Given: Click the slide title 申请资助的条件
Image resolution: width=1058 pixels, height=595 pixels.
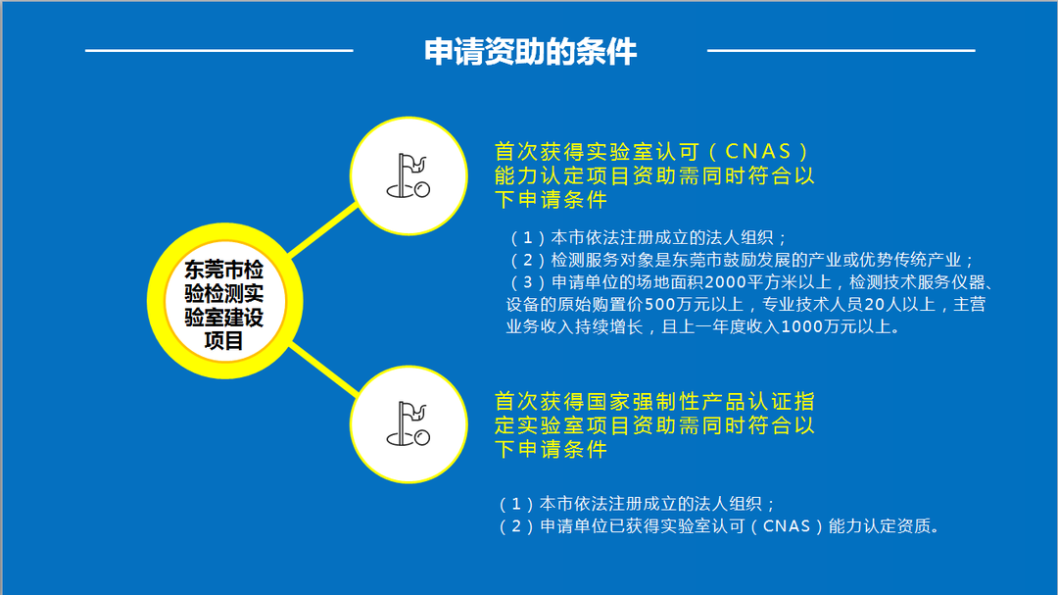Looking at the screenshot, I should pyautogui.click(x=530, y=51).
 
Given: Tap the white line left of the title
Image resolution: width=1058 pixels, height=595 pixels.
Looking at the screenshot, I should pyautogui.click(x=218, y=50).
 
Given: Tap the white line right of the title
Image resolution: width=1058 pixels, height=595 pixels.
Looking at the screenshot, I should pyautogui.click(x=841, y=50).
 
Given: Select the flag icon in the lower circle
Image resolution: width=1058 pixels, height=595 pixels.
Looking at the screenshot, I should pyautogui.click(x=409, y=422).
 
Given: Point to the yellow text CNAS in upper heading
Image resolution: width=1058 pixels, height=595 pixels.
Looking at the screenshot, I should pyautogui.click(x=758, y=153).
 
